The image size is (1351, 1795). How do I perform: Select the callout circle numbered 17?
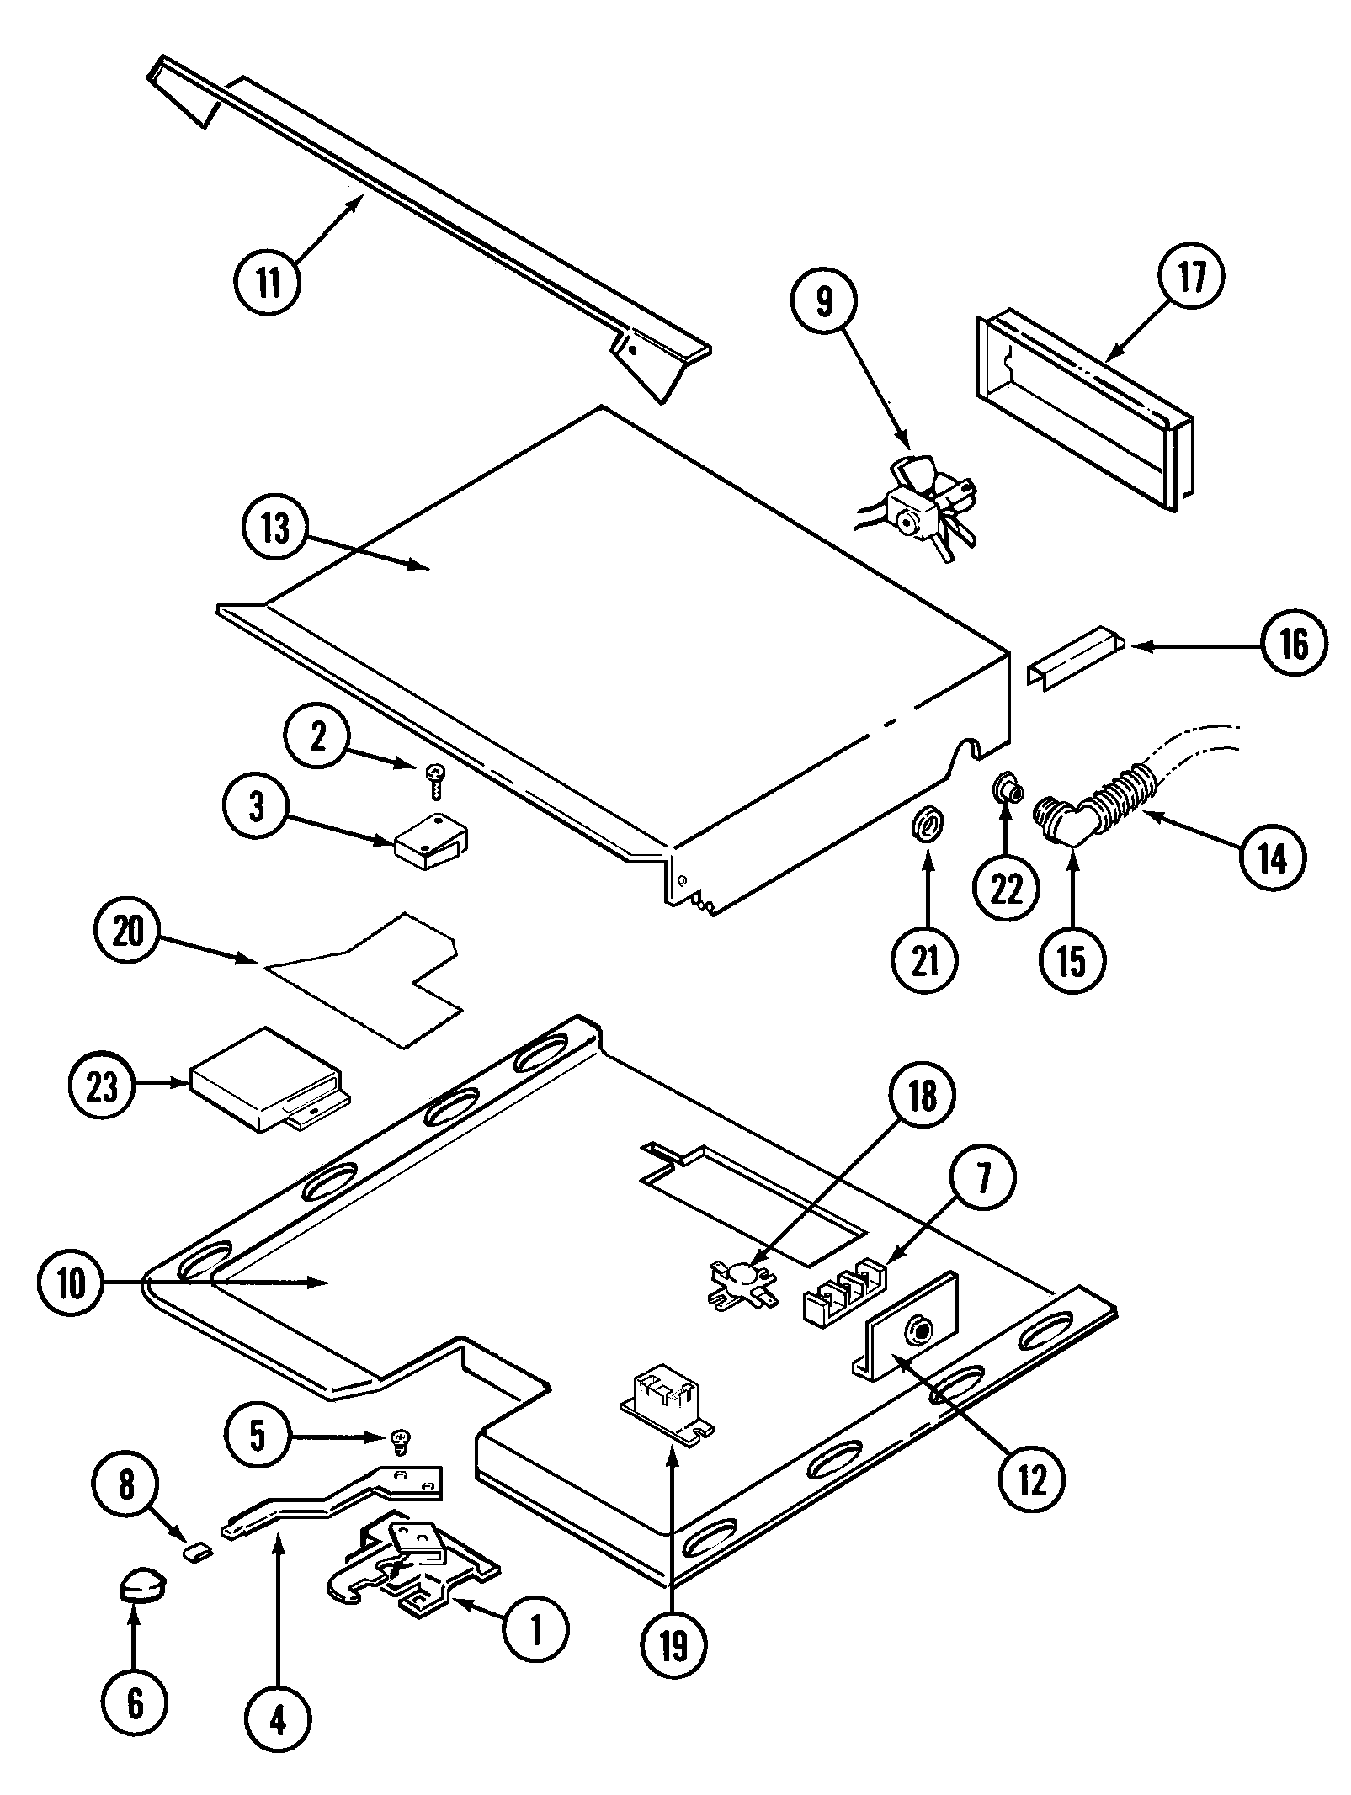[x=1190, y=277]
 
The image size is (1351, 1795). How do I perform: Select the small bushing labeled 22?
[x=1005, y=789]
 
